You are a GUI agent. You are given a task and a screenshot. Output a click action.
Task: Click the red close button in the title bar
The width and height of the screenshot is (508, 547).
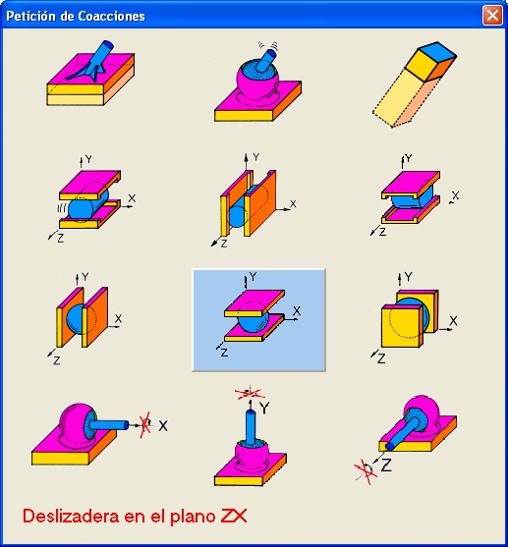point(492,16)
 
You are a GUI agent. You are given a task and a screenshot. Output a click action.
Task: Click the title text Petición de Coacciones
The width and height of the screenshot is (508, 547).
point(76,17)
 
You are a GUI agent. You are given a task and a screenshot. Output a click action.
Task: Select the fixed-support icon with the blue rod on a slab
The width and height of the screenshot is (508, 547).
point(90,73)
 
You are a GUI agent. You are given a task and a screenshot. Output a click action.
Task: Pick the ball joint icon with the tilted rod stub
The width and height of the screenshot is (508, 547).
point(257,82)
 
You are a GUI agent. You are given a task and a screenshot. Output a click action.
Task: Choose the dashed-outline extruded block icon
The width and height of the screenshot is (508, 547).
point(415,84)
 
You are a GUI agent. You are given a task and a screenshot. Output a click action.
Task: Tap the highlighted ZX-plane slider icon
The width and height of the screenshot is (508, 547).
point(258,320)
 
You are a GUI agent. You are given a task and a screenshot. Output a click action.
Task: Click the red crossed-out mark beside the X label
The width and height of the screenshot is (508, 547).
point(145,424)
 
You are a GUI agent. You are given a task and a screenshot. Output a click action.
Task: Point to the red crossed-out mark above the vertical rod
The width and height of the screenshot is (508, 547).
point(250,393)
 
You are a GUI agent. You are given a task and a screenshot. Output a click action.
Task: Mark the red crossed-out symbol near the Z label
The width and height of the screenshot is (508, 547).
point(366,472)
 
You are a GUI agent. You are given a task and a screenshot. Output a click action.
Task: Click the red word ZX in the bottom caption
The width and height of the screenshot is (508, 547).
point(234,517)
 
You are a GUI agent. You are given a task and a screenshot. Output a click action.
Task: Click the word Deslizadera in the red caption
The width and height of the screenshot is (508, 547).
point(71,517)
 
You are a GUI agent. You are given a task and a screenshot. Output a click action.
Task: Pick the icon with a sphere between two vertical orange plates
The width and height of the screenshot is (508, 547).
point(85,317)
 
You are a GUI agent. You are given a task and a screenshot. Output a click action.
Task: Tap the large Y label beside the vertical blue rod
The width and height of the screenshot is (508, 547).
point(264,408)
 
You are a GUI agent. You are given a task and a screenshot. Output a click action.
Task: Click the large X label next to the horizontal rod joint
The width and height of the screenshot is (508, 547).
point(163,425)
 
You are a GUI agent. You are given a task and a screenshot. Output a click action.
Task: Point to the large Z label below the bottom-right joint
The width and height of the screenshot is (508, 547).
point(386,465)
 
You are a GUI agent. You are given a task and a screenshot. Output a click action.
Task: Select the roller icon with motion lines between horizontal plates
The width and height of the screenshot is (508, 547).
point(91,198)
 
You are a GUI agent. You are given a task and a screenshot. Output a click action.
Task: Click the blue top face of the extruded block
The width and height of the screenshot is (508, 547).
point(437,51)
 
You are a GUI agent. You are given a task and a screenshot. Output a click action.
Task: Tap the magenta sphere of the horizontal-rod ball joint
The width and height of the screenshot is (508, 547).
point(75,422)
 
